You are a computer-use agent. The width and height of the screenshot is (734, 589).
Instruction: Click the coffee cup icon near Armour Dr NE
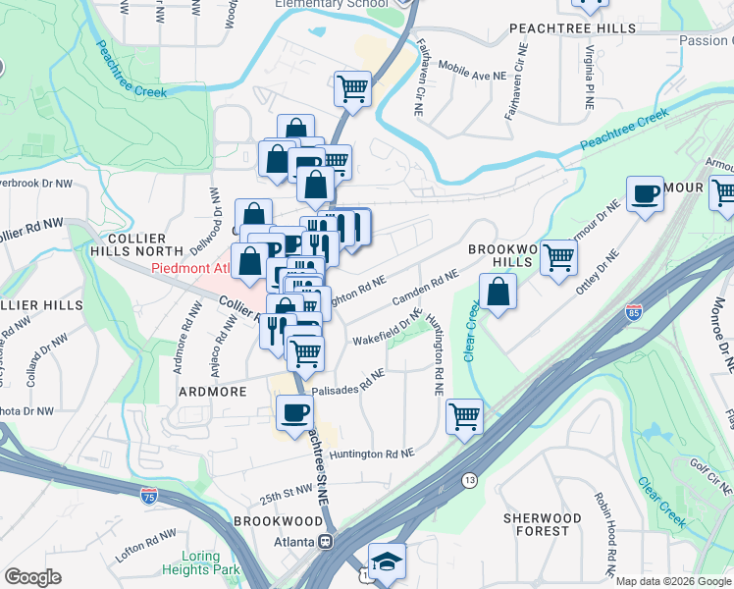pyautogui.click(x=645, y=193)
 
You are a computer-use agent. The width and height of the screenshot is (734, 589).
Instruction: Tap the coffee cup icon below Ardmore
pyautogui.click(x=294, y=412)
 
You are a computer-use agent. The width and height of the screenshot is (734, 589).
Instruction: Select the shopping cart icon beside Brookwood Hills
pyautogui.click(x=558, y=258)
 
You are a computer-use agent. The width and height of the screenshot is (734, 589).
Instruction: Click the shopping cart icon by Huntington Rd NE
pyautogui.click(x=464, y=415)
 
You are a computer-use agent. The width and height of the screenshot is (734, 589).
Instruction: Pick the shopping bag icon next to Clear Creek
pyautogui.click(x=498, y=293)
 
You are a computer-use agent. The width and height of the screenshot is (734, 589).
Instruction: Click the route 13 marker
pyautogui.click(x=470, y=480)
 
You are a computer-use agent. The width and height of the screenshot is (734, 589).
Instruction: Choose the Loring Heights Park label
pyautogui.click(x=201, y=562)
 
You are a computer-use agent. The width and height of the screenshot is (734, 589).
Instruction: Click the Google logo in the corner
pyautogui.click(x=32, y=577)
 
